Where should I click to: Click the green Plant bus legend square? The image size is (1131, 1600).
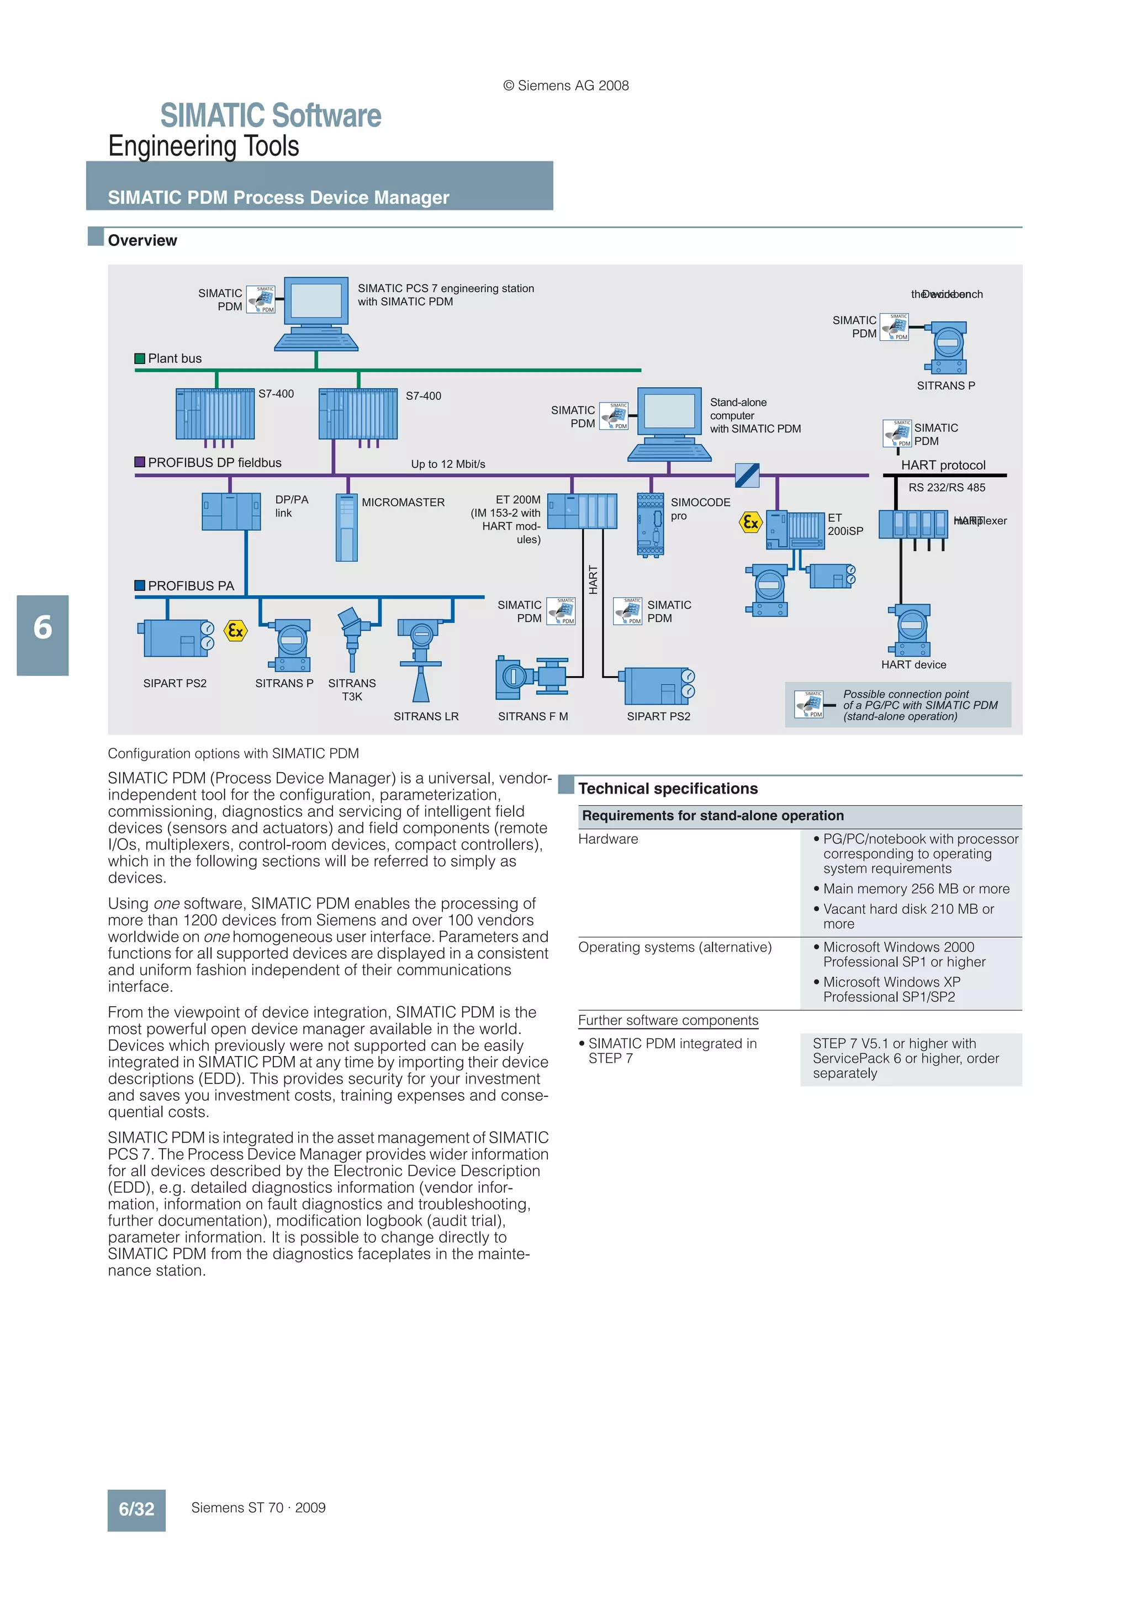[x=139, y=358]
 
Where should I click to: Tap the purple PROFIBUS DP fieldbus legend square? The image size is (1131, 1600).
[x=139, y=462]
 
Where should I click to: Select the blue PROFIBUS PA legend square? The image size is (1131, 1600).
[x=139, y=585]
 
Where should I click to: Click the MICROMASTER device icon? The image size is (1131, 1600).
[x=346, y=527]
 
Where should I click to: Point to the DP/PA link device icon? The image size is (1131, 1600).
[x=231, y=511]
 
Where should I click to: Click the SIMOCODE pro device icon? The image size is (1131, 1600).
[x=650, y=525]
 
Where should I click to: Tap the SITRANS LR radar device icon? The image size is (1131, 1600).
[x=421, y=659]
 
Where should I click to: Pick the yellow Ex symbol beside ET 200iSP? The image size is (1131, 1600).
[x=751, y=522]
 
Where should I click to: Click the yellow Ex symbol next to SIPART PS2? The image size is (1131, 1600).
[x=236, y=631]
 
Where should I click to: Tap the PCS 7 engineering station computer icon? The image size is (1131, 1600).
[x=316, y=314]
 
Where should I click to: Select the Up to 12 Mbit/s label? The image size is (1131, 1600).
[x=448, y=464]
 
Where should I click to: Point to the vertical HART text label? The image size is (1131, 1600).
[x=593, y=579]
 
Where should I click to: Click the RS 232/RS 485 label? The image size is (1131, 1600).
[x=947, y=488]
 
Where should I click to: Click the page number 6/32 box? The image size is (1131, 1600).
[x=136, y=1509]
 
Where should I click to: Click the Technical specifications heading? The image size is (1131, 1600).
[x=668, y=788]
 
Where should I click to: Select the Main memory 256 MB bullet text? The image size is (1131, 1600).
[x=916, y=889]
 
